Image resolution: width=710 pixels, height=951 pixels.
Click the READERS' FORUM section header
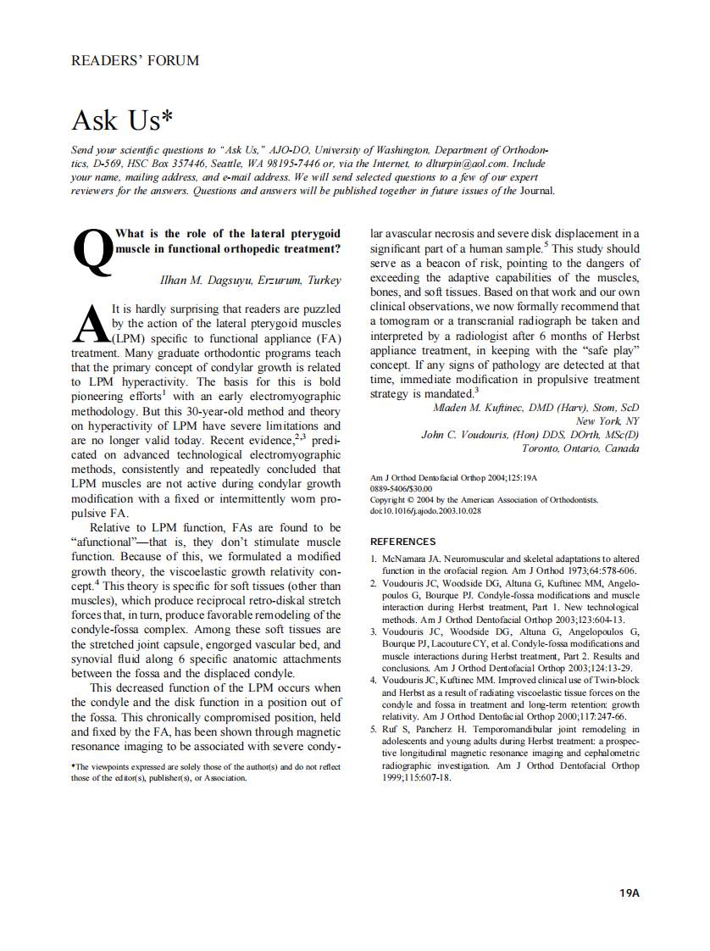click(136, 60)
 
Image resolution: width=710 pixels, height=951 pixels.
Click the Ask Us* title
click(116, 120)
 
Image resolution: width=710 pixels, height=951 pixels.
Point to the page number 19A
click(629, 893)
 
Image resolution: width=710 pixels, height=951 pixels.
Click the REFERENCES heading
click(403, 542)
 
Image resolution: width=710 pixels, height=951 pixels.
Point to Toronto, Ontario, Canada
click(580, 448)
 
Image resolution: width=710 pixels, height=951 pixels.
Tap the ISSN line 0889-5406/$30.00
click(402, 489)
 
